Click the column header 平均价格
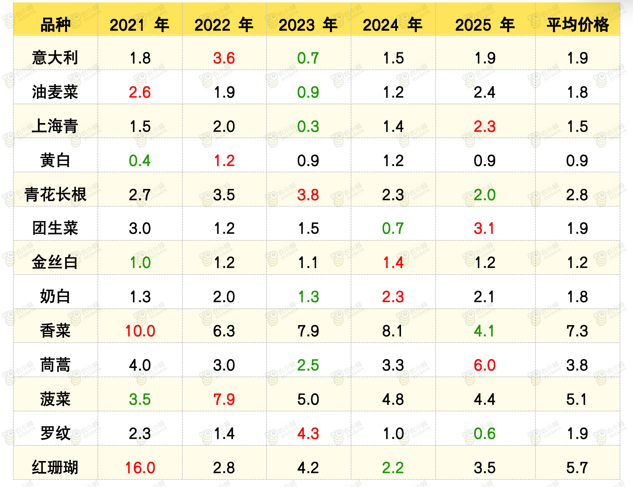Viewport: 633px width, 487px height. [x=578, y=25]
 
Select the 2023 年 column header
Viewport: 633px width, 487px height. [x=308, y=25]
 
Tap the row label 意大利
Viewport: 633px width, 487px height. [x=55, y=58]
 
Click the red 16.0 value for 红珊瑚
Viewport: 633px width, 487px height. [x=140, y=468]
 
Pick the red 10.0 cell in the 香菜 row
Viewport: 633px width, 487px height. [x=140, y=331]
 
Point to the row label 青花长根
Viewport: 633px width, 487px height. [x=55, y=195]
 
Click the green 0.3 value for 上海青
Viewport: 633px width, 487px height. [x=308, y=127]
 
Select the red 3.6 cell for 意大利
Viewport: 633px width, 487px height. [x=224, y=58]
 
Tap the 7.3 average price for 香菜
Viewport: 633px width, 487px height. [x=577, y=331]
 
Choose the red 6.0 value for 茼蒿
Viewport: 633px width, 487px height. [x=485, y=365]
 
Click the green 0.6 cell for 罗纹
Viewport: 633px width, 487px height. [x=485, y=433]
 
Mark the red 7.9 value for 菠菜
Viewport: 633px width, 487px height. [x=224, y=399]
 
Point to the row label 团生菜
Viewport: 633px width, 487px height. [x=55, y=228]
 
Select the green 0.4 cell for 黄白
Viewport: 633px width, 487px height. [x=140, y=161]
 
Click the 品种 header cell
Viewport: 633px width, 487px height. [x=55, y=25]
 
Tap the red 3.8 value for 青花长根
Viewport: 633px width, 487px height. [x=308, y=195]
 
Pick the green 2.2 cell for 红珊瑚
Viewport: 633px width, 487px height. [x=393, y=468]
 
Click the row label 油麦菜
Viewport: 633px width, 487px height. [x=55, y=92]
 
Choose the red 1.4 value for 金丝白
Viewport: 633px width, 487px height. [x=393, y=263]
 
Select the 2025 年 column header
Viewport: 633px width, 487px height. [x=485, y=25]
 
